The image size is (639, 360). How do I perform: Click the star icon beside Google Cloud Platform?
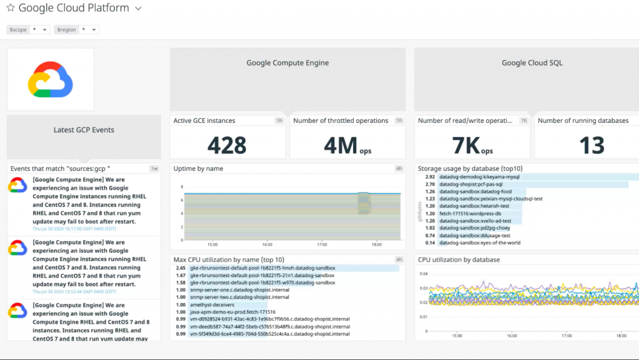(x=11, y=9)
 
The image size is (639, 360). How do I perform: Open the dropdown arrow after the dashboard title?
(x=139, y=9)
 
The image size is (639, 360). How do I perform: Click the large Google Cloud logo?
(x=51, y=79)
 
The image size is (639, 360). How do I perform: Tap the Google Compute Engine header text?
(x=287, y=62)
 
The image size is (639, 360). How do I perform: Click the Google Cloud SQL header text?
(x=532, y=62)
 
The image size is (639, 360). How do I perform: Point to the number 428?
(x=227, y=145)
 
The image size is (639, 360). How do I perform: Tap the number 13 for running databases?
(x=592, y=145)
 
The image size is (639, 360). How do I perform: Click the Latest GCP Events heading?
(x=84, y=130)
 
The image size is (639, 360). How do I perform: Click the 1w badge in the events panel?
(x=154, y=168)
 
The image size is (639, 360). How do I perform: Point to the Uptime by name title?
(x=198, y=168)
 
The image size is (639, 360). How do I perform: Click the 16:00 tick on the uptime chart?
(x=267, y=245)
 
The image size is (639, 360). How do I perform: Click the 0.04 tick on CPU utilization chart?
(x=424, y=273)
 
